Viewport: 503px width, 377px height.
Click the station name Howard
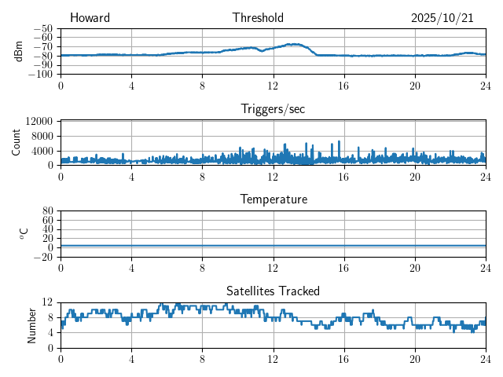(x=90, y=18)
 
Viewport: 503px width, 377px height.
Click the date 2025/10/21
(x=442, y=18)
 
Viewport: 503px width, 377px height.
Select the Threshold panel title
(x=258, y=18)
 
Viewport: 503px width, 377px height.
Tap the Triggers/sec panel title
(x=273, y=109)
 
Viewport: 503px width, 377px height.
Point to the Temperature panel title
(x=273, y=199)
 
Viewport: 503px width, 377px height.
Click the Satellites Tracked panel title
(x=273, y=291)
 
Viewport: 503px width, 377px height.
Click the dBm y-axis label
(x=18, y=51)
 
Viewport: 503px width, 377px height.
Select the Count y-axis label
(x=17, y=142)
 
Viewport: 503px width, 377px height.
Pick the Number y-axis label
(x=32, y=324)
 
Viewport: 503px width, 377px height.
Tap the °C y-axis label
(x=24, y=233)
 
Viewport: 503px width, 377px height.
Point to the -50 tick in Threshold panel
(x=42, y=28)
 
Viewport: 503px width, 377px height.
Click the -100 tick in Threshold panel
(x=40, y=75)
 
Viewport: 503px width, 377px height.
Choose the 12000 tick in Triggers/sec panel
(x=39, y=121)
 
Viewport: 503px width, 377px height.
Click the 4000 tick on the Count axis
(x=42, y=151)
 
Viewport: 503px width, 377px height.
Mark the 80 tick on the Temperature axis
(x=48, y=211)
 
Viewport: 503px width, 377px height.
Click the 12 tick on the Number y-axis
(x=48, y=302)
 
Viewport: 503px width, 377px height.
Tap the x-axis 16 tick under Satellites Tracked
(x=344, y=359)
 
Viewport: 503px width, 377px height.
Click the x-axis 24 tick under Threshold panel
(x=486, y=86)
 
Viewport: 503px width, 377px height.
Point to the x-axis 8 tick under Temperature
(x=203, y=268)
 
